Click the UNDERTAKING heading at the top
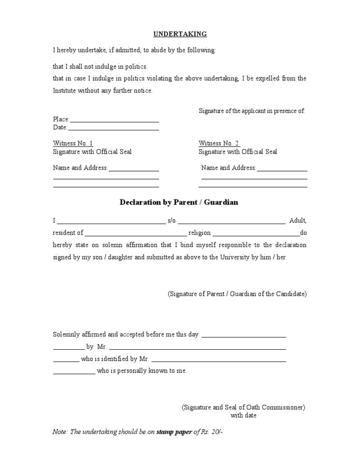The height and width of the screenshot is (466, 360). pos(180,34)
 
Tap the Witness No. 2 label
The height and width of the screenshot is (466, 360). pos(219,143)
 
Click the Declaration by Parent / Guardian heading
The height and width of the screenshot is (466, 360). pos(179,202)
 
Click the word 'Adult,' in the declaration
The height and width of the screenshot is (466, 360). pos(298,220)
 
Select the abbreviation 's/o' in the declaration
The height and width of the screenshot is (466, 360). pos(172,220)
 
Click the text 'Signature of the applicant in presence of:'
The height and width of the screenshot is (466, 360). pos(252,111)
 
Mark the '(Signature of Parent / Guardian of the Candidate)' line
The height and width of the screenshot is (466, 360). pos(237,294)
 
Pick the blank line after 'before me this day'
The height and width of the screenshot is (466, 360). pos(243,337)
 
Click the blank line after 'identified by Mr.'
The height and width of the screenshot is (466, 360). pos(219,361)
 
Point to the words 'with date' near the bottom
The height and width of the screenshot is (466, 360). pos(243,415)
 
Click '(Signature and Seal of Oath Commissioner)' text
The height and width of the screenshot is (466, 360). pos(244,407)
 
